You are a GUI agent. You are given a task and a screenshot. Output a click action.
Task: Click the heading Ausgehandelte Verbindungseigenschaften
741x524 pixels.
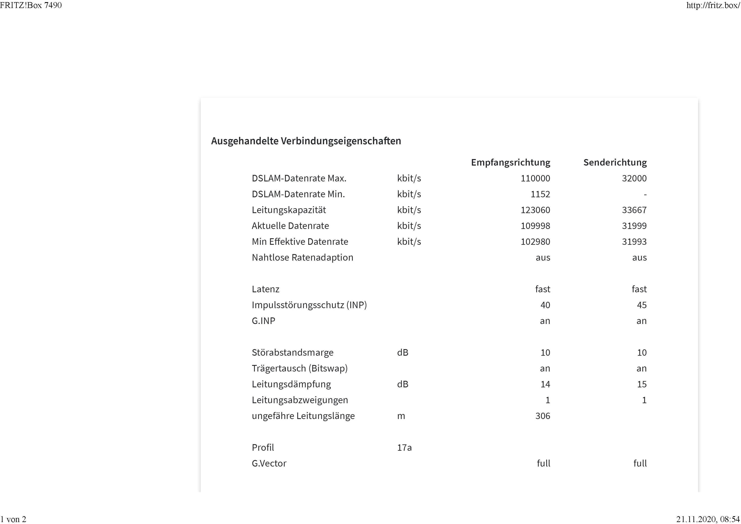(306, 141)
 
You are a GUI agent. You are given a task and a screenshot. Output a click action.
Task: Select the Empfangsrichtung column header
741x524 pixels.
(510, 162)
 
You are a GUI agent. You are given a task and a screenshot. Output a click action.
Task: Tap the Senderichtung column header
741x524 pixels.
(615, 162)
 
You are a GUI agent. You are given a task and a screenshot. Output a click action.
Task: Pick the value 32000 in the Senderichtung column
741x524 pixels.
(634, 178)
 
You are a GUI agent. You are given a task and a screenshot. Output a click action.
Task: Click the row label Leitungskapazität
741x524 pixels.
(289, 210)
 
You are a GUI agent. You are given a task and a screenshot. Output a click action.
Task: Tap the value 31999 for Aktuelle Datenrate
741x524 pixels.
(634, 226)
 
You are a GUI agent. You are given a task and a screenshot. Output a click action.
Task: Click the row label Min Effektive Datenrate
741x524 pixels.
(300, 242)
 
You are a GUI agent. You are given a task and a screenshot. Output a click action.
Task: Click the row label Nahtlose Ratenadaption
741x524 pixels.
(302, 257)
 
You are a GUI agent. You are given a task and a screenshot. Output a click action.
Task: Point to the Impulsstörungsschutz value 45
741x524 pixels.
(642, 305)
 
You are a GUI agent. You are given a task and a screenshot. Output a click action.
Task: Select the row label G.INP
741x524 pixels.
(263, 321)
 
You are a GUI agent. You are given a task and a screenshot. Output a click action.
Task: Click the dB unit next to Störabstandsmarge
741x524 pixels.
(402, 352)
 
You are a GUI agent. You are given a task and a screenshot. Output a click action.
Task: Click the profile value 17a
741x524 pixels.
(404, 448)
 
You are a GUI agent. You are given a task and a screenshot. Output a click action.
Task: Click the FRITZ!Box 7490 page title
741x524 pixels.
(31, 5)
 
